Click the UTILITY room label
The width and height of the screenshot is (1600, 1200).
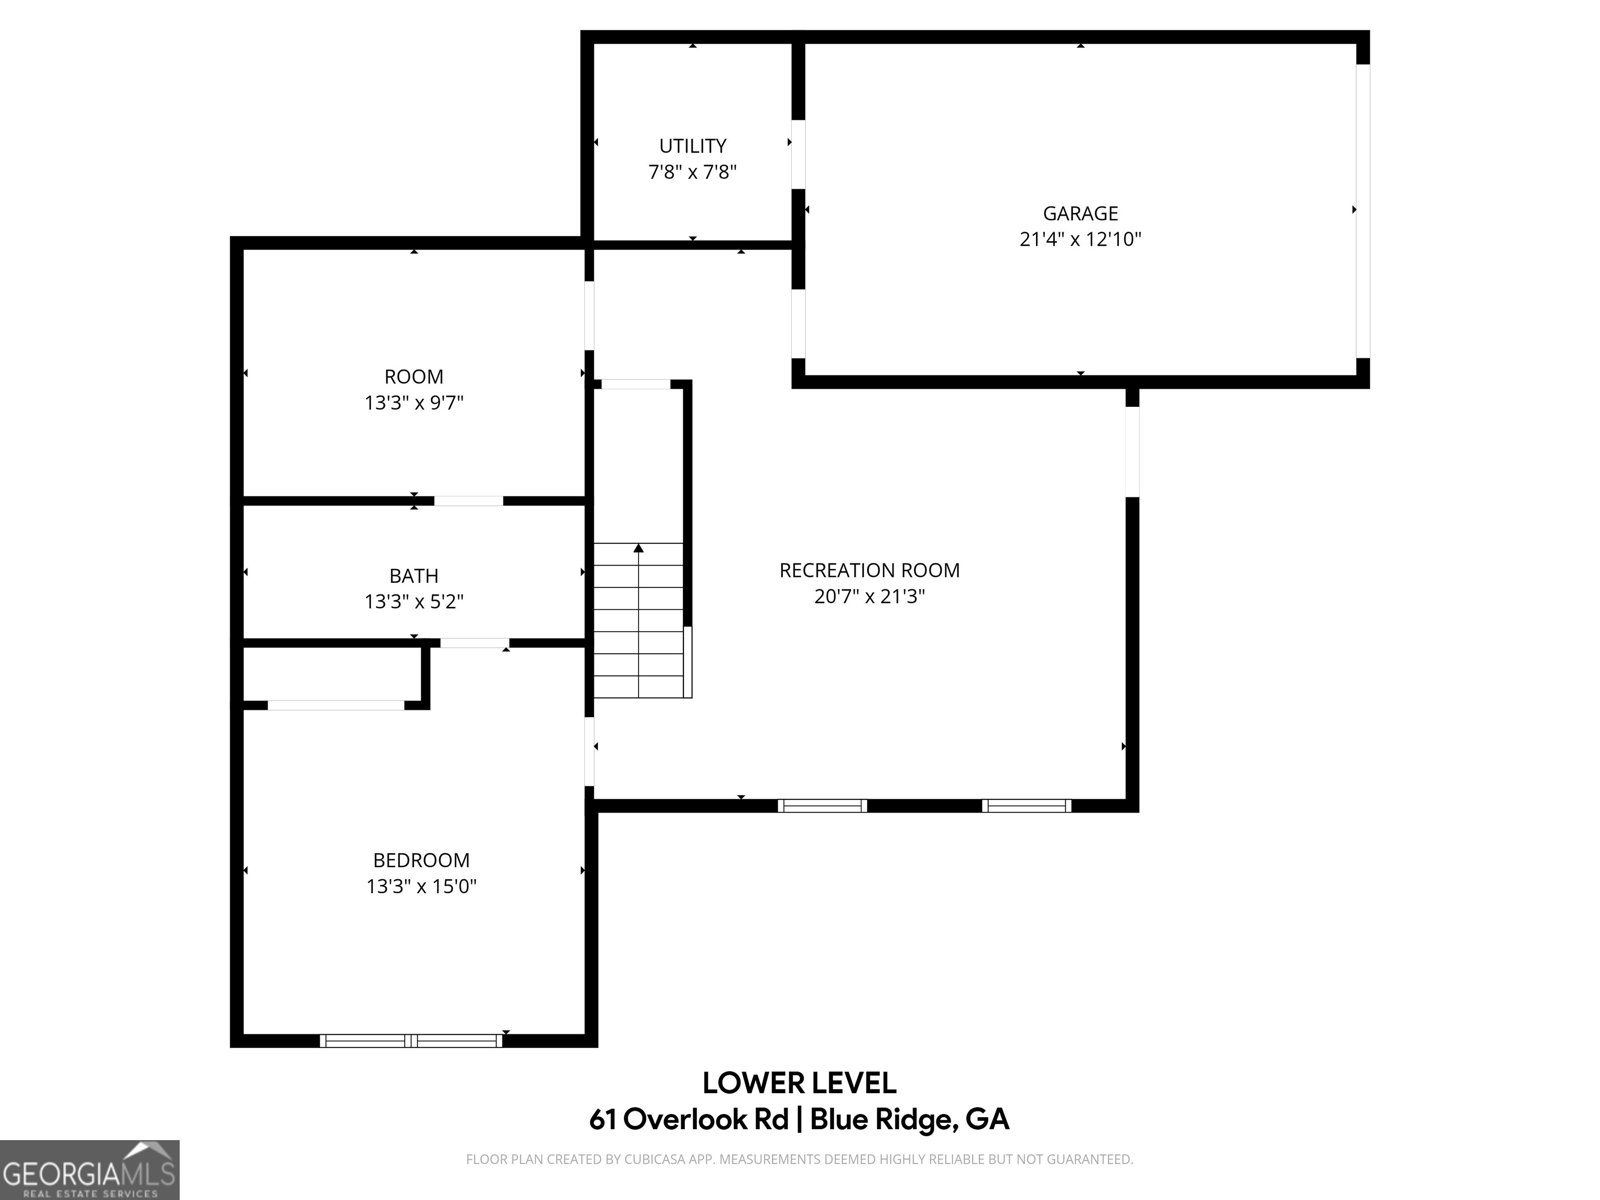(692, 146)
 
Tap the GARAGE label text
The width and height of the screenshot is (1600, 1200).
(1080, 213)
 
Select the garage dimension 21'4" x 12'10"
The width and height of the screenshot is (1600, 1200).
(1080, 239)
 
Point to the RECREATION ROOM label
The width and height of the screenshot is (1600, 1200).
(869, 570)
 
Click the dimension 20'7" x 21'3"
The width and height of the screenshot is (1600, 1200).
(869, 596)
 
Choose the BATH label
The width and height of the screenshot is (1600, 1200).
(413, 576)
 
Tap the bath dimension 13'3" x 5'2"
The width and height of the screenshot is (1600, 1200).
(413, 602)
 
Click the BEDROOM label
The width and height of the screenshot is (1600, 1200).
(421, 860)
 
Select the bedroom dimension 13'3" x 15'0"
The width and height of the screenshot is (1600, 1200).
(421, 886)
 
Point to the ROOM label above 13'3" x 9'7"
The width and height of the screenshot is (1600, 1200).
(413, 377)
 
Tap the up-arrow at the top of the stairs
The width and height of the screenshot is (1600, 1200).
(639, 548)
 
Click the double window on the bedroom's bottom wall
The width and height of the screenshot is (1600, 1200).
(411, 1041)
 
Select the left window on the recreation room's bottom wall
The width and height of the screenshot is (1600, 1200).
(822, 806)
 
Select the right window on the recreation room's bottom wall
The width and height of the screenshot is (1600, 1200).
(1026, 806)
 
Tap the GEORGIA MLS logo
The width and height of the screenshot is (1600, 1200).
(89, 1169)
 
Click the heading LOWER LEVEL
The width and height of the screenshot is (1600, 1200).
(799, 1083)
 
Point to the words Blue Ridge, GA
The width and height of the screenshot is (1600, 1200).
(909, 1119)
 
